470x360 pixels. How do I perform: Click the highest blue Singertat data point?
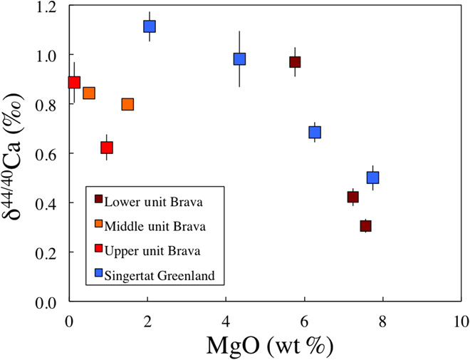(x=150, y=26)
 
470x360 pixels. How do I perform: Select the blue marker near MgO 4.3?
(x=239, y=59)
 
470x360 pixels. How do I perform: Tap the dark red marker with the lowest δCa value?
(x=366, y=226)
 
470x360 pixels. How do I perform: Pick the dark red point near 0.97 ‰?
(x=295, y=62)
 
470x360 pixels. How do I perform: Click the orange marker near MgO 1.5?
(x=127, y=104)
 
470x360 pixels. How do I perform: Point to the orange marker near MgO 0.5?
(x=89, y=93)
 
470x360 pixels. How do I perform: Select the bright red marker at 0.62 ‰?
(x=107, y=148)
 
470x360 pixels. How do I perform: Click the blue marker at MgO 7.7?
(x=372, y=178)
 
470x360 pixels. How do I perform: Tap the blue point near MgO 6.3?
(x=315, y=132)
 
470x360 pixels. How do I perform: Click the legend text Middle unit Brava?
(x=155, y=227)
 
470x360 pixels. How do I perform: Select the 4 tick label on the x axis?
(x=226, y=320)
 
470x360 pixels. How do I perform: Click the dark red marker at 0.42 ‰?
(x=353, y=197)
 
